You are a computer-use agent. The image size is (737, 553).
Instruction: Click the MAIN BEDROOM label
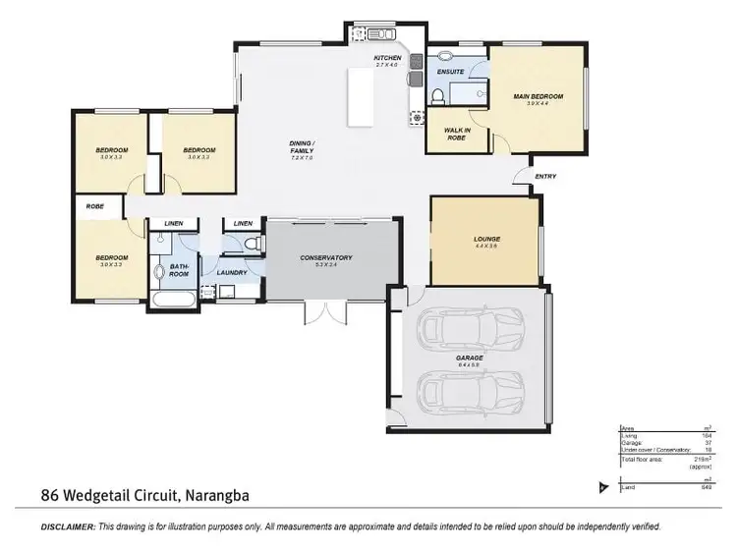(538, 96)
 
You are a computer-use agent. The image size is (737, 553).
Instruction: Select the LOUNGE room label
(486, 239)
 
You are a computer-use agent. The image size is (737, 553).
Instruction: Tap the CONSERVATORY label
(326, 258)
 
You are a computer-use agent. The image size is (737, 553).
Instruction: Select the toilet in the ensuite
(435, 95)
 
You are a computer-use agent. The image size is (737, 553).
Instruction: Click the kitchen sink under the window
(373, 32)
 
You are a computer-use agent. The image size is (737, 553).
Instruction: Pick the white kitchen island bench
(361, 98)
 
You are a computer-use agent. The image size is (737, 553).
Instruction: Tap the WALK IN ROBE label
(454, 134)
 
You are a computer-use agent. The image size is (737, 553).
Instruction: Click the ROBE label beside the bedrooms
(95, 206)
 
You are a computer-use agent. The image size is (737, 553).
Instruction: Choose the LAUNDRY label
(232, 272)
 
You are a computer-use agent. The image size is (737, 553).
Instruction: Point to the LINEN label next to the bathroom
(174, 224)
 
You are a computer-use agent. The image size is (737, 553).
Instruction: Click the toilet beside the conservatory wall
(252, 244)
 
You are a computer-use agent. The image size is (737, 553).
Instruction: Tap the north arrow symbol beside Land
(602, 486)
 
